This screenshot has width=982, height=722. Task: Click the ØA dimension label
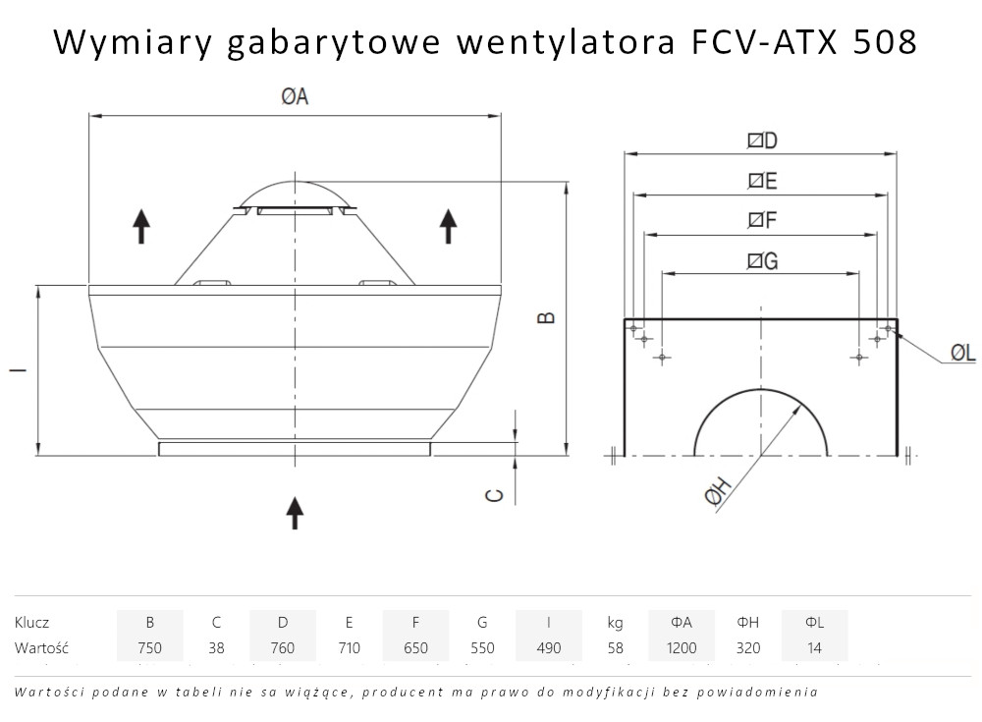tap(295, 96)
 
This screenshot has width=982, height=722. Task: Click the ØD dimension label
tap(762, 140)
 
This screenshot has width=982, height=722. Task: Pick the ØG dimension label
tap(762, 260)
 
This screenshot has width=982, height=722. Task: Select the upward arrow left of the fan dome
tap(141, 226)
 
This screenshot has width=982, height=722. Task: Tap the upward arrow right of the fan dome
tap(449, 226)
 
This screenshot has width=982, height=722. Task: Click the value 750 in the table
tap(149, 648)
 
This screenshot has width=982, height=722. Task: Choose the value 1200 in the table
tap(682, 648)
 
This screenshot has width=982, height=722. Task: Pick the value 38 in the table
tap(216, 648)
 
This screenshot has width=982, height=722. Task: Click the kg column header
tap(615, 622)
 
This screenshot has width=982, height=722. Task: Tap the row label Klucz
tap(32, 622)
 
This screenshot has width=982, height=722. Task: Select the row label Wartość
tap(40, 648)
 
